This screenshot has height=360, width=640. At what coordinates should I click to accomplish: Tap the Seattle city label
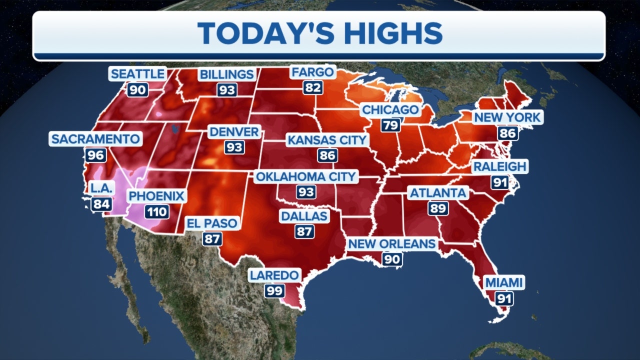[137, 74]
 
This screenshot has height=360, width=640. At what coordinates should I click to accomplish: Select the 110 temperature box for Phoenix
[156, 211]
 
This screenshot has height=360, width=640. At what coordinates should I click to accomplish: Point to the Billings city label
[226, 74]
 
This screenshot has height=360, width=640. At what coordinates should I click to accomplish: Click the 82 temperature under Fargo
[313, 88]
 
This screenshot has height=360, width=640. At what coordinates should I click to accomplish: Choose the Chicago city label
[390, 109]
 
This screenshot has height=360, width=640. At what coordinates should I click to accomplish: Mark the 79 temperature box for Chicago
[390, 125]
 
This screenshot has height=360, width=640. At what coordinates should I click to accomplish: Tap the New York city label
[507, 117]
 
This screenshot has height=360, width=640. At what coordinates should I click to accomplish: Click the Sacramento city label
[95, 139]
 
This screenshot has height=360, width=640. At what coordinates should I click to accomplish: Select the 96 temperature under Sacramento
[95, 155]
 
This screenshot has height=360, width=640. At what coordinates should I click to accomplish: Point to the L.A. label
[102, 188]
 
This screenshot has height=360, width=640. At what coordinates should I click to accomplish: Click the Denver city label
[234, 132]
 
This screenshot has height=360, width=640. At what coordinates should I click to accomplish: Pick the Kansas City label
[327, 139]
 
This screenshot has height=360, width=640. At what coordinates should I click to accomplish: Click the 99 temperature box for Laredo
[274, 290]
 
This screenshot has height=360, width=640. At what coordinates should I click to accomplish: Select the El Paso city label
[212, 223]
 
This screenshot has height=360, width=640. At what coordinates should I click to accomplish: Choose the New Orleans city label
[391, 243]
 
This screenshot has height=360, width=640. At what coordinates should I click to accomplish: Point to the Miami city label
[503, 282]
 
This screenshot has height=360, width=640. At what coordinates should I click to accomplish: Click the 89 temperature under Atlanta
[437, 208]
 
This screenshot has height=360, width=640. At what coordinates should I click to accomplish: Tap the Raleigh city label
[499, 166]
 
